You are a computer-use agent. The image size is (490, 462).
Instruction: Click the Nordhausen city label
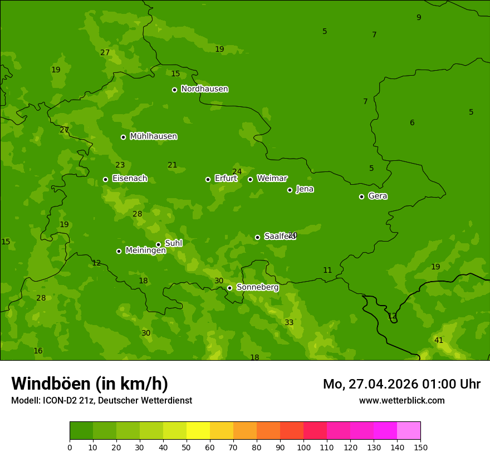coord(204,89)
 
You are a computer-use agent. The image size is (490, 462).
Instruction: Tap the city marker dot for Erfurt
coord(208,179)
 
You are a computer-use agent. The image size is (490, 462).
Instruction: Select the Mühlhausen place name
coord(153,136)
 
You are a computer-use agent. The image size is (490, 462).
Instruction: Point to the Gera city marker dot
coord(361,196)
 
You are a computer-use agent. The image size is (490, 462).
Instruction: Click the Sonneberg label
coord(257,287)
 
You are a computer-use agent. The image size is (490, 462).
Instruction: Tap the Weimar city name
coord(272,179)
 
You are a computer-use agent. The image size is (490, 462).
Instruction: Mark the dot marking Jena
coord(290,190)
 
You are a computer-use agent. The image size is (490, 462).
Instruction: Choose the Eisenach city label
coord(129,179)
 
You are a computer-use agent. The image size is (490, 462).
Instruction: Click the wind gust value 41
coord(439,340)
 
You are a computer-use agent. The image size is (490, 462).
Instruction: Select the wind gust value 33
coord(289,323)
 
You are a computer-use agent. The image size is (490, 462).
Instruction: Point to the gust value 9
coord(419,18)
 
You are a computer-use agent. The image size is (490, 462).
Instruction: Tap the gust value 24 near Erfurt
coord(237,171)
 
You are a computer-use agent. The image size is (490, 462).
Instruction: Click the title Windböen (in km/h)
coord(90,384)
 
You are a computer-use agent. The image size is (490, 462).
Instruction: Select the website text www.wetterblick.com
coord(401,400)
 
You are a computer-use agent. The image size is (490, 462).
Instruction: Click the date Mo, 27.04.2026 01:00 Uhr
coord(401,384)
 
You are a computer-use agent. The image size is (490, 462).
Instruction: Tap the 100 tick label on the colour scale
coord(303,447)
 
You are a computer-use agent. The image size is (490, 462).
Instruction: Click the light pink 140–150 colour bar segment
coord(409,431)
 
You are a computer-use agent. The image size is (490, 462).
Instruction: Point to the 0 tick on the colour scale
coord(70,447)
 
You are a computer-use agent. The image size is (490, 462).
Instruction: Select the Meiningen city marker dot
coord(119,251)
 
